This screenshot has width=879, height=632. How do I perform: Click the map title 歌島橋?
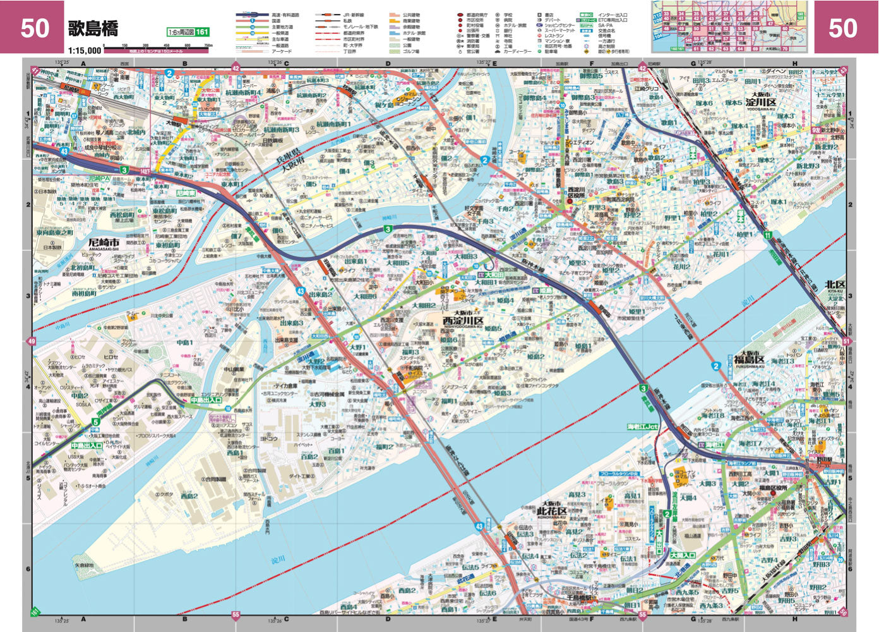coord(93,28)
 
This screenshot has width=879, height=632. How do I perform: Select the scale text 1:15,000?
coord(84,50)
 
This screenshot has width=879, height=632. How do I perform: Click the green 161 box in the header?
coord(201,32)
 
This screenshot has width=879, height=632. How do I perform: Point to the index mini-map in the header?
coord(729,27)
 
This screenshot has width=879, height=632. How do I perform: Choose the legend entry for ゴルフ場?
coord(411,51)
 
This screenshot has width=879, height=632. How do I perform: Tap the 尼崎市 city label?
coord(104,243)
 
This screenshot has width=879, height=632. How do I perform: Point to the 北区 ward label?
coord(835,285)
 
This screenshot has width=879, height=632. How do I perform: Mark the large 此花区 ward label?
coord(553,511)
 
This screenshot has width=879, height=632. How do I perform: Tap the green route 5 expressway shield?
coord(95,422)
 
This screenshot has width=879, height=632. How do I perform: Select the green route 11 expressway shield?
coord(767,235)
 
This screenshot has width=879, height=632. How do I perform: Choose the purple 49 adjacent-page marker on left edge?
coord(31,342)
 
